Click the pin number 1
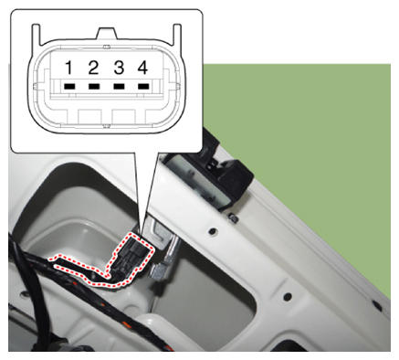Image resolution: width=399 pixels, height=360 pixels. (69, 68)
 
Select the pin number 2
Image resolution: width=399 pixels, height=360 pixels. (93, 68)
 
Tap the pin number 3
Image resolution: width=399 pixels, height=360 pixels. (119, 68)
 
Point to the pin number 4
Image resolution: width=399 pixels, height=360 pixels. (143, 68)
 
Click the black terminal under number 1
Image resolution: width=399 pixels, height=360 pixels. (69, 87)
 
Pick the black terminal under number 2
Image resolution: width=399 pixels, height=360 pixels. (94, 87)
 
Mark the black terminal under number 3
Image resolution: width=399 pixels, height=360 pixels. (119, 87)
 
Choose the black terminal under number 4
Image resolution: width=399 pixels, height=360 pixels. (143, 87)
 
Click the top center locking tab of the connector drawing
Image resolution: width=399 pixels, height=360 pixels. (107, 34)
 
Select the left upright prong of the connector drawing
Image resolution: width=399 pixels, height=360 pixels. (36, 35)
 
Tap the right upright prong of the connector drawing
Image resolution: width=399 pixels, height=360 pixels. (177, 35)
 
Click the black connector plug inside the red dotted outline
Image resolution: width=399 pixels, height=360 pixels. (132, 255)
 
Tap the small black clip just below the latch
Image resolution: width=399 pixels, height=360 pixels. (233, 217)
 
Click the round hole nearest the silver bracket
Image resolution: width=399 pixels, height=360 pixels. (213, 231)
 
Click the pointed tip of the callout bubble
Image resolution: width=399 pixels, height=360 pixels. (141, 234)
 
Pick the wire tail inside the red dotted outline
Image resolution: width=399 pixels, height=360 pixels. (82, 268)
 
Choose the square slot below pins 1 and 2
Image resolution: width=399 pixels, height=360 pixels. (89, 116)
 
